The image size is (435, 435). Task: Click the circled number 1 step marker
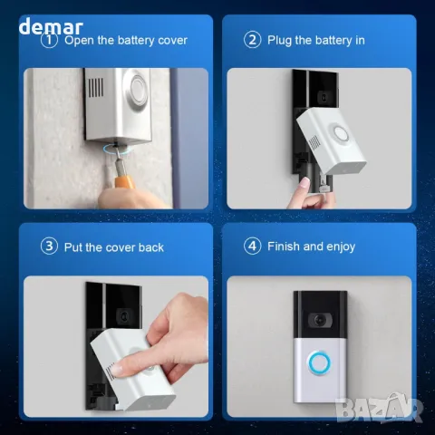(x=50, y=40)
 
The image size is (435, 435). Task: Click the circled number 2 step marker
(x=253, y=40)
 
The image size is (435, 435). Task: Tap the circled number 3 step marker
(x=50, y=246)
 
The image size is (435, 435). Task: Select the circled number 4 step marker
(x=253, y=246)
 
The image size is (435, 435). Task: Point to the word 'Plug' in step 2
(x=281, y=40)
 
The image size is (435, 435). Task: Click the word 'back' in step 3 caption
(x=151, y=246)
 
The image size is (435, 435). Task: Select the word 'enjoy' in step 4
(x=338, y=246)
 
